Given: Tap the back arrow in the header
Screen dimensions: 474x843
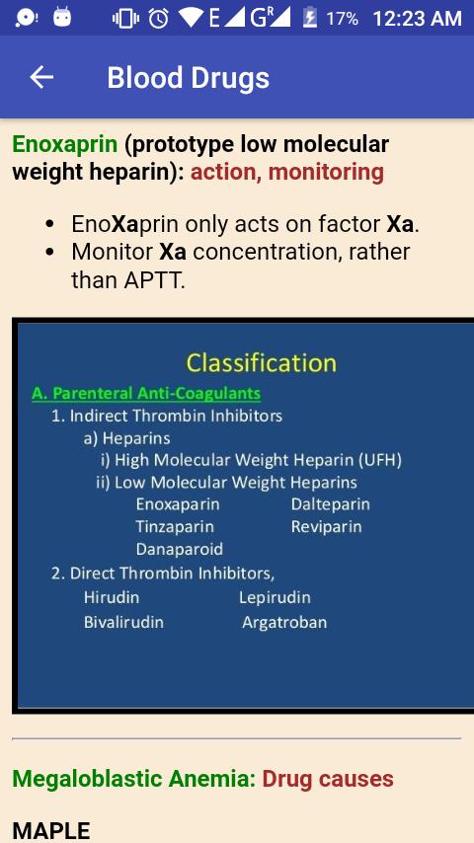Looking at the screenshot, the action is pos(41,77).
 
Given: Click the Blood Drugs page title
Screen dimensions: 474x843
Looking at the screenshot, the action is pos(188,79).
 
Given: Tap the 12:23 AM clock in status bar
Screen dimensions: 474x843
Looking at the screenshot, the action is pos(417,19).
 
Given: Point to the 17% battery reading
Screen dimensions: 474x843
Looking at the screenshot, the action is pos(342,20).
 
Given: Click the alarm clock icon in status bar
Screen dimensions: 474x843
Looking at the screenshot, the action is pos(159,19).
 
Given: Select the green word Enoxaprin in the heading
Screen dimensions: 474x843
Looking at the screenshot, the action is pos(64,145).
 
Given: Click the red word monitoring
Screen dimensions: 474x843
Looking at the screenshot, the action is pos(326,173).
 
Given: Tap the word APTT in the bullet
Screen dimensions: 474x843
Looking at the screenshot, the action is pos(153,280).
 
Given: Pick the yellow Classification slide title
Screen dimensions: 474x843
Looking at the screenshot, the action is pos(261,363).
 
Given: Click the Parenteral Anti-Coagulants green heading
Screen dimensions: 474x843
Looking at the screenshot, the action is pos(146,393).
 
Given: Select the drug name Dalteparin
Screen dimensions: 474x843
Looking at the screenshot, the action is pos(331,504).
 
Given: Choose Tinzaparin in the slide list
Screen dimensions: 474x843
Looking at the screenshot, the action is pos(175,526).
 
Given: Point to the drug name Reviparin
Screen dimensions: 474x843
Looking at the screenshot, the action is pos(327,526).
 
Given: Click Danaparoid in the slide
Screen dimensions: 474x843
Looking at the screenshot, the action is pos(179,549).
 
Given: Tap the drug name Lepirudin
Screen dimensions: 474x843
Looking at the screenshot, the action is pos(275,597).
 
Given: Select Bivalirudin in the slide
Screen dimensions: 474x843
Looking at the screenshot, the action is pos(123,622).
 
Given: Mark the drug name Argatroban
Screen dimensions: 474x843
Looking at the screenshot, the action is pos(284,623).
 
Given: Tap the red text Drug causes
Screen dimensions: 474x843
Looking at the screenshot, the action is pos(328,779).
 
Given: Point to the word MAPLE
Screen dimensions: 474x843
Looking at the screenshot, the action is pos(51,831).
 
